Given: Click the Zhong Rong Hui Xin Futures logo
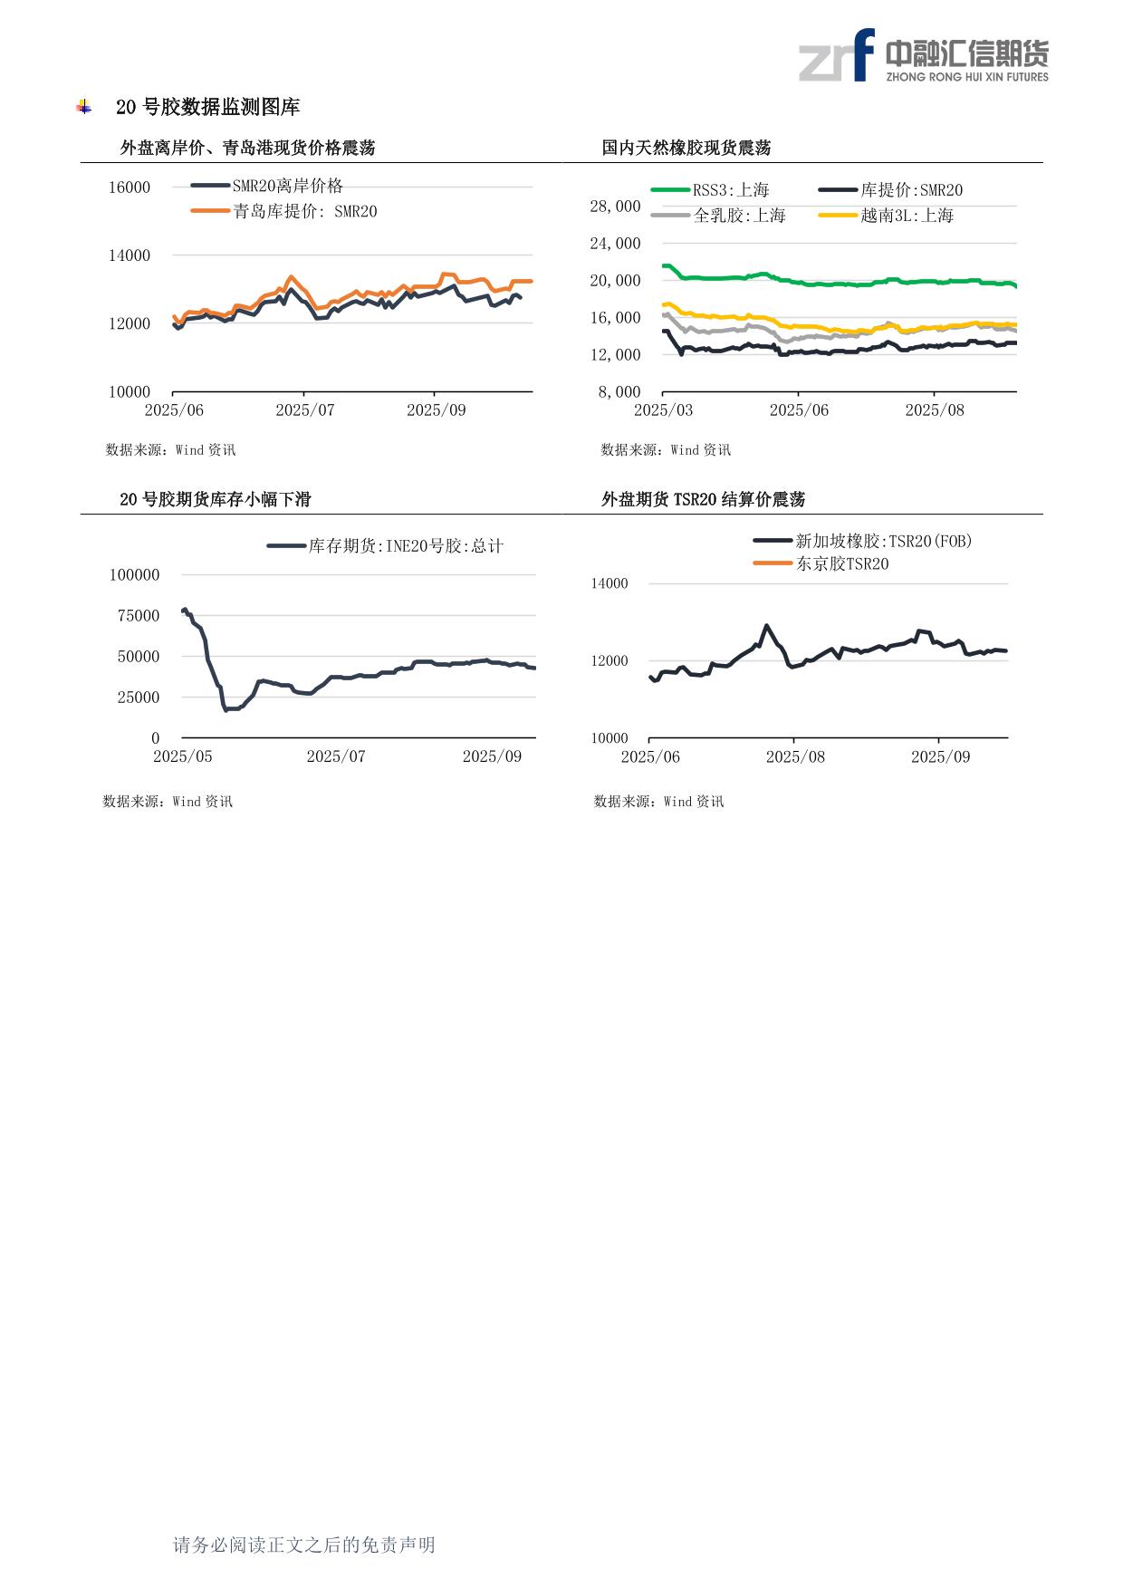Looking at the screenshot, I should coord(923,56).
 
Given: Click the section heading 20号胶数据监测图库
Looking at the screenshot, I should coord(207,107).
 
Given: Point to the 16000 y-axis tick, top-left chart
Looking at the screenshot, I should coord(130,188).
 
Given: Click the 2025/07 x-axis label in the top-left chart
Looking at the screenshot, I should coord(304,410).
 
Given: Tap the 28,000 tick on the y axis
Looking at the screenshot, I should coord(615,207).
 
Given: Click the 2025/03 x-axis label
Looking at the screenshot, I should coord(663,410).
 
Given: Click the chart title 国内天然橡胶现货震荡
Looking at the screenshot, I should coord(686,148).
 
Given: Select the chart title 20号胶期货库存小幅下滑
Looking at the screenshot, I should coord(215,499).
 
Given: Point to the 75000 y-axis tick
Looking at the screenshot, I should coord(139,616).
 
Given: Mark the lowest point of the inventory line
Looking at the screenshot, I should coord(226,709).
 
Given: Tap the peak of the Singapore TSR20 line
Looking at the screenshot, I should coord(766,625).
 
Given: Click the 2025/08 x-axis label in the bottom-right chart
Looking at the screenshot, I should coord(795,757).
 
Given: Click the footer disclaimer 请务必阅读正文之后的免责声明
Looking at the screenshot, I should coord(304,1545).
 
